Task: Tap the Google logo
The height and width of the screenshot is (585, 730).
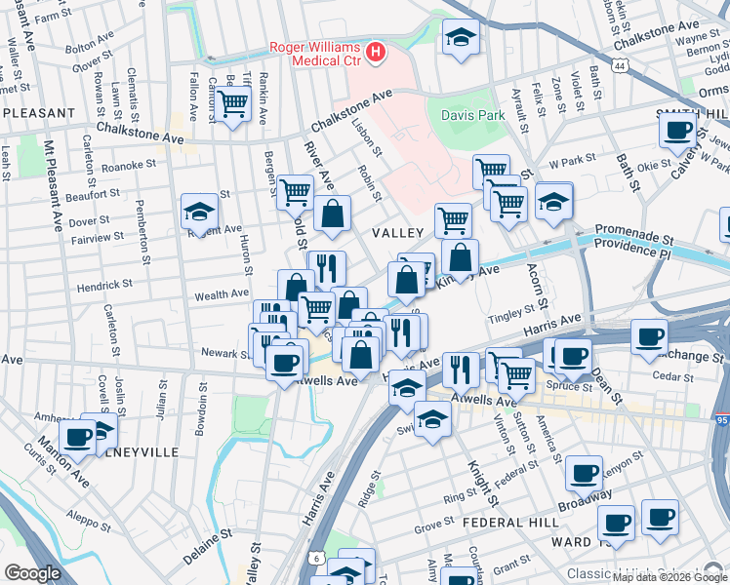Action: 32,573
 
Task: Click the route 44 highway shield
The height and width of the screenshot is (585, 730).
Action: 621,65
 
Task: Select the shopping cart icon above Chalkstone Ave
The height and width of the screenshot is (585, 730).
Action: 232,102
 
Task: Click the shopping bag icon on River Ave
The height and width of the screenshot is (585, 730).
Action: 332,213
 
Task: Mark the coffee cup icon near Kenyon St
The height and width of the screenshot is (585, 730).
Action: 584,473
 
